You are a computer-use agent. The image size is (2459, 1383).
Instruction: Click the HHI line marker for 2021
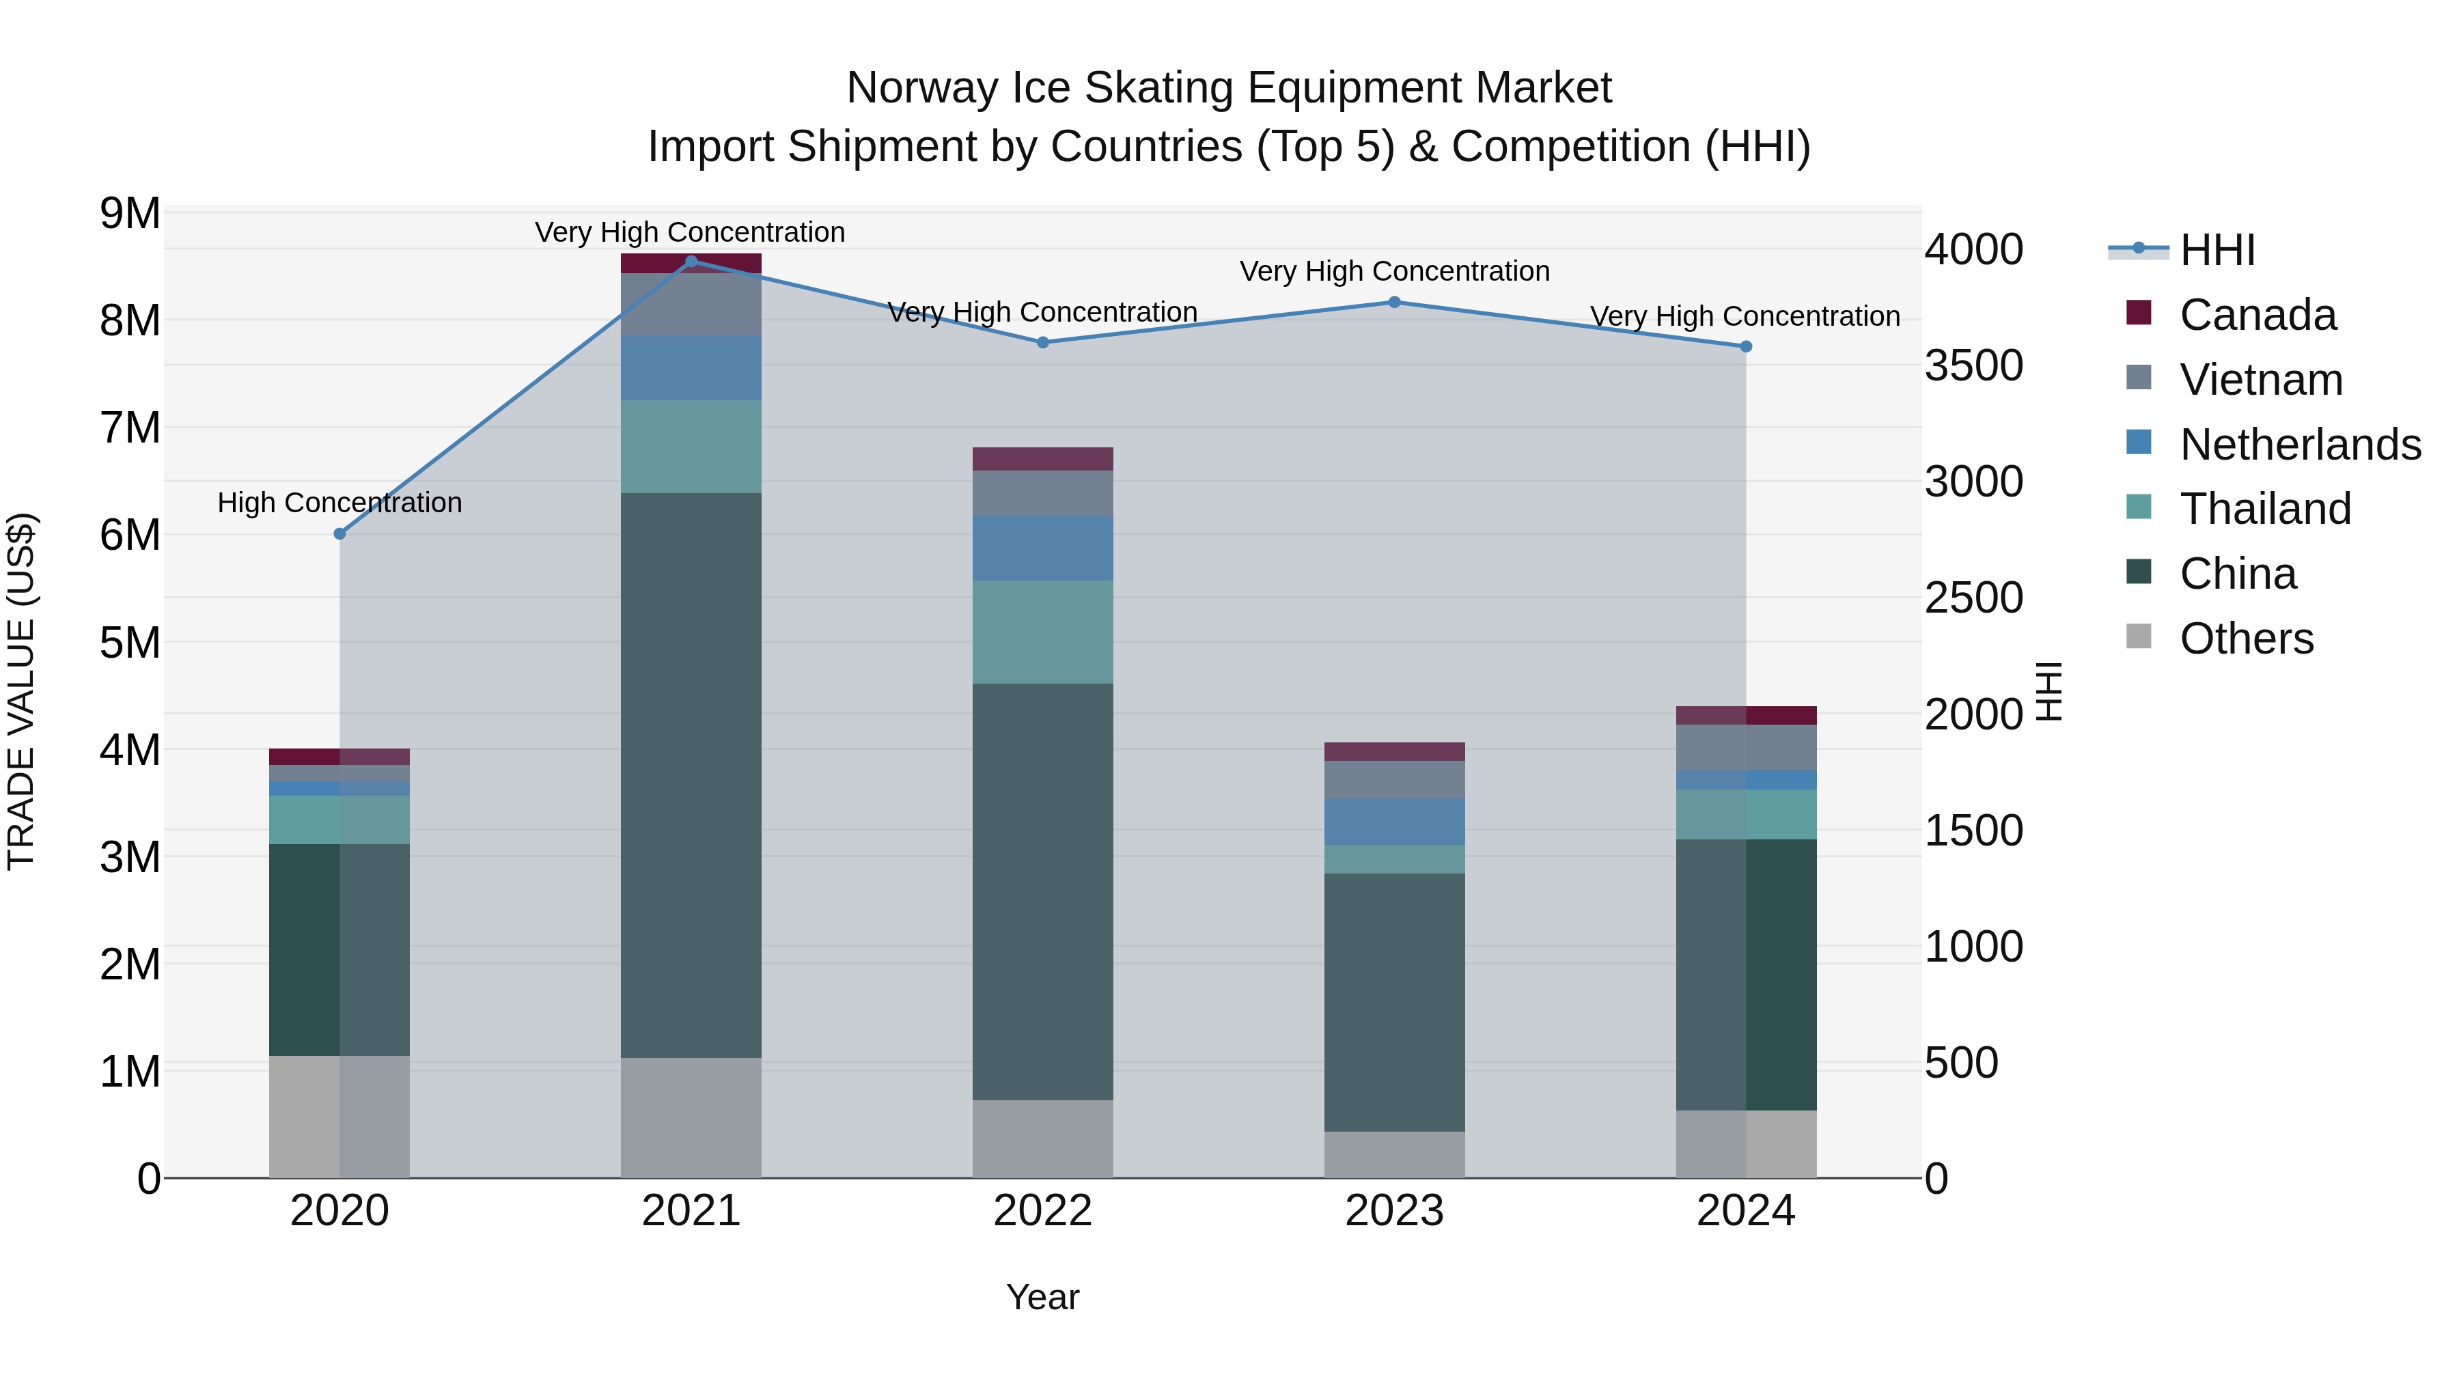point(691,261)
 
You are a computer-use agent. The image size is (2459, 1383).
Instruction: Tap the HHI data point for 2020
point(340,533)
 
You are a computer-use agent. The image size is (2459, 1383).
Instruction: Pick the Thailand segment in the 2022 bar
point(1042,632)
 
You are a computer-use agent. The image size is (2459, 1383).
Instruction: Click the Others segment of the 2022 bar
point(1042,1138)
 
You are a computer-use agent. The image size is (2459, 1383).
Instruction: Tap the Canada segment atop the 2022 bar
point(1042,459)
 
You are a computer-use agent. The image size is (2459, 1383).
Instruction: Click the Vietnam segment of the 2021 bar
point(691,303)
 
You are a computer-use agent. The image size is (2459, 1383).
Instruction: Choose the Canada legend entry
point(2257,315)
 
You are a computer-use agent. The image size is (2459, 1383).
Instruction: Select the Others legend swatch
point(2139,637)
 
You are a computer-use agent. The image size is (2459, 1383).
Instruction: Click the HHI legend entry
point(2217,250)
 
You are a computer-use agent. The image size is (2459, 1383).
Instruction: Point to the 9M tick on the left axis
point(130,214)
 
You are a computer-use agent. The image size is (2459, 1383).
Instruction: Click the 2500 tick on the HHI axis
point(1972,598)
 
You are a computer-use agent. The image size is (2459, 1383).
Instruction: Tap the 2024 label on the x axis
point(1745,1211)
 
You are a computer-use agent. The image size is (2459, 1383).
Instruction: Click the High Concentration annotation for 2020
point(340,503)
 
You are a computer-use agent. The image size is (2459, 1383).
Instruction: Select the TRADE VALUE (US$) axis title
point(21,691)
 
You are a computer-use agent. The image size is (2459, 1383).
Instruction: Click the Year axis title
point(1042,1297)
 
